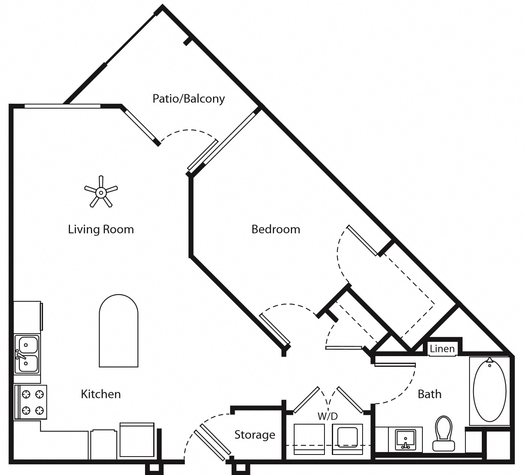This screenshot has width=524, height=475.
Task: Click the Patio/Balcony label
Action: coord(188,99)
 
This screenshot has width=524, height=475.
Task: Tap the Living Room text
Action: coord(101,229)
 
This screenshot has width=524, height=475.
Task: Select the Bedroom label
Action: coord(275,229)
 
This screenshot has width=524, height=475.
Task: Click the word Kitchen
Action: coord(101,394)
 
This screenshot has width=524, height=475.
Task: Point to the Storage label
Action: coord(254,434)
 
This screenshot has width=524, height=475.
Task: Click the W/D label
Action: coord(328,416)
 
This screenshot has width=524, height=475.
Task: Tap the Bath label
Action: coord(429,394)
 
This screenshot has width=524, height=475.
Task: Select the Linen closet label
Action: coord(442,349)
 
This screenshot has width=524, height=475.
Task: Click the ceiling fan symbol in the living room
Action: coord(101,191)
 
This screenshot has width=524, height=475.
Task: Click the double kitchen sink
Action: coord(27,354)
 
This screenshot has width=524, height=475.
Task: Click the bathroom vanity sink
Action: coord(406,440)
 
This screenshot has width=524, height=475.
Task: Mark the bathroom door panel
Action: coord(395,365)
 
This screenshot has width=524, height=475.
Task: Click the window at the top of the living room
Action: coord(62,106)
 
